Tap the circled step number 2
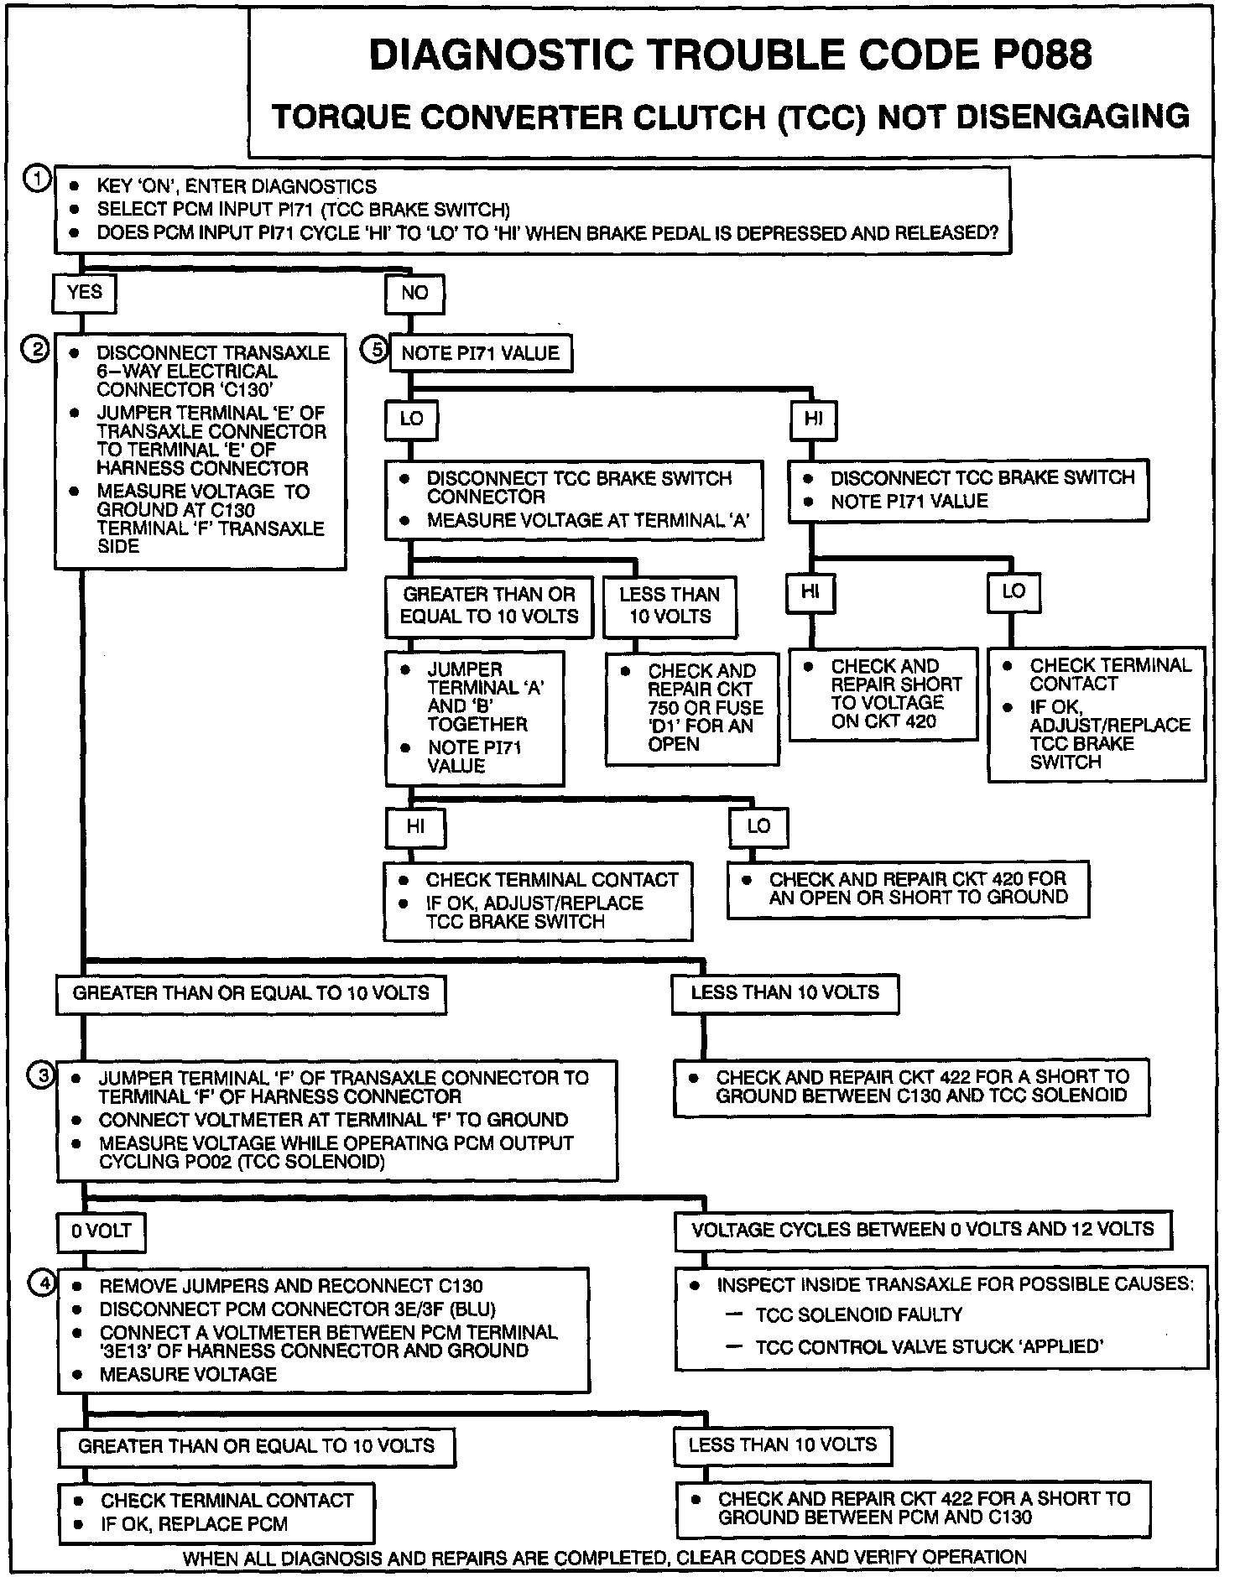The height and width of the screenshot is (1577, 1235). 37,349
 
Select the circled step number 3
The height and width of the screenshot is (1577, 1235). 41,1075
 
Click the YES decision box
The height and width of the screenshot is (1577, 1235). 85,293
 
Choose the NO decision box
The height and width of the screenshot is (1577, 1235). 414,294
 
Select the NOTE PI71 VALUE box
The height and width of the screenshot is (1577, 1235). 480,353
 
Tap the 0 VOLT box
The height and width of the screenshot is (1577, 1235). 102,1231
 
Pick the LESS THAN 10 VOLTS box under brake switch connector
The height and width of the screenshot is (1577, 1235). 670,606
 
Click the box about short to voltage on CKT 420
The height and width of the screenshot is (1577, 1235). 883,694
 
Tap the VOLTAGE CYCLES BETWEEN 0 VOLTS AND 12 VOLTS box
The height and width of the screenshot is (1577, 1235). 923,1231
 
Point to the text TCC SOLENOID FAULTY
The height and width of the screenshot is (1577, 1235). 858,1314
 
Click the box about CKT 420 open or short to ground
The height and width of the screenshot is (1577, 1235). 909,888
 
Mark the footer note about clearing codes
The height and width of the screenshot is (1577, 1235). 604,1558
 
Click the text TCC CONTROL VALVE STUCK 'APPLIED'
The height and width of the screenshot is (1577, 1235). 929,1347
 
